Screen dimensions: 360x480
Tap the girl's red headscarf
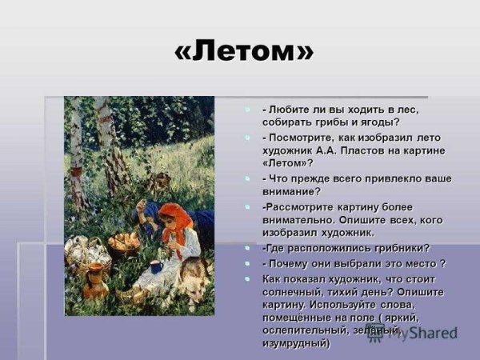(171, 214)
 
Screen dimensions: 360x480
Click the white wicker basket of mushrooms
(83, 254)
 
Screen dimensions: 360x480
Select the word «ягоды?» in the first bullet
(379, 122)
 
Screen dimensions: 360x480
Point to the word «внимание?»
(291, 191)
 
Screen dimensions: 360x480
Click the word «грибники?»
(401, 248)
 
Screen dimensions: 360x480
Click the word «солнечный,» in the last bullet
(296, 292)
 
